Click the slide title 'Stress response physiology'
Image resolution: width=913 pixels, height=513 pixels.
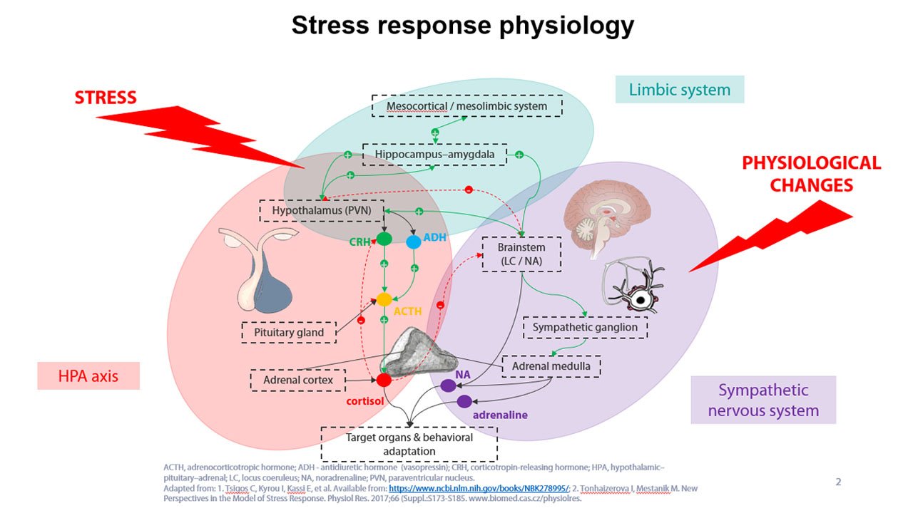pos(463,25)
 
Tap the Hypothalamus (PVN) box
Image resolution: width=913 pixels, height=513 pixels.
pos(322,210)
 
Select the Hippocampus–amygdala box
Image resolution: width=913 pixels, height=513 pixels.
pos(434,155)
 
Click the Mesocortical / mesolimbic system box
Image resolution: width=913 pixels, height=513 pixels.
pos(467,106)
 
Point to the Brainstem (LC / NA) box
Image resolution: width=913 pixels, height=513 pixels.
pos(521,254)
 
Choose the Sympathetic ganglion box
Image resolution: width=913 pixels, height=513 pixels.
pos(585,327)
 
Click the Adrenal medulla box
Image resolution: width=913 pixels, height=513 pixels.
pos(551,366)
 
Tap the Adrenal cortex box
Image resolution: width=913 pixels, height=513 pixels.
pos(298,380)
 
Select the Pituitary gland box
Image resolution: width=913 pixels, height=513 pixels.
pos(289,332)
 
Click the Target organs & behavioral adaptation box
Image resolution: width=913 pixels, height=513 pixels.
pos(409,444)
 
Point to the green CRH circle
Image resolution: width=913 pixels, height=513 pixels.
pos(384,239)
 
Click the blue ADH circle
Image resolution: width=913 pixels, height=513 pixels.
pos(413,242)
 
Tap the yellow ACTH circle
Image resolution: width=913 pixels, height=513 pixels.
pos(384,300)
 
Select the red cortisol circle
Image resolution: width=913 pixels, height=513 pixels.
pos(384,380)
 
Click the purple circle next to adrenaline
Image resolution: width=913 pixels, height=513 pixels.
pos(464,401)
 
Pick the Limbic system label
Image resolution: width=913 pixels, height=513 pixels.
pos(680,90)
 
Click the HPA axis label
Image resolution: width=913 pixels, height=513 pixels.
pos(88,375)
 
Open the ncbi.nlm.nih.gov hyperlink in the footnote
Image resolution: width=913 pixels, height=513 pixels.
pos(479,488)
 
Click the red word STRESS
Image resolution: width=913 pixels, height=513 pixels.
pos(106,98)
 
